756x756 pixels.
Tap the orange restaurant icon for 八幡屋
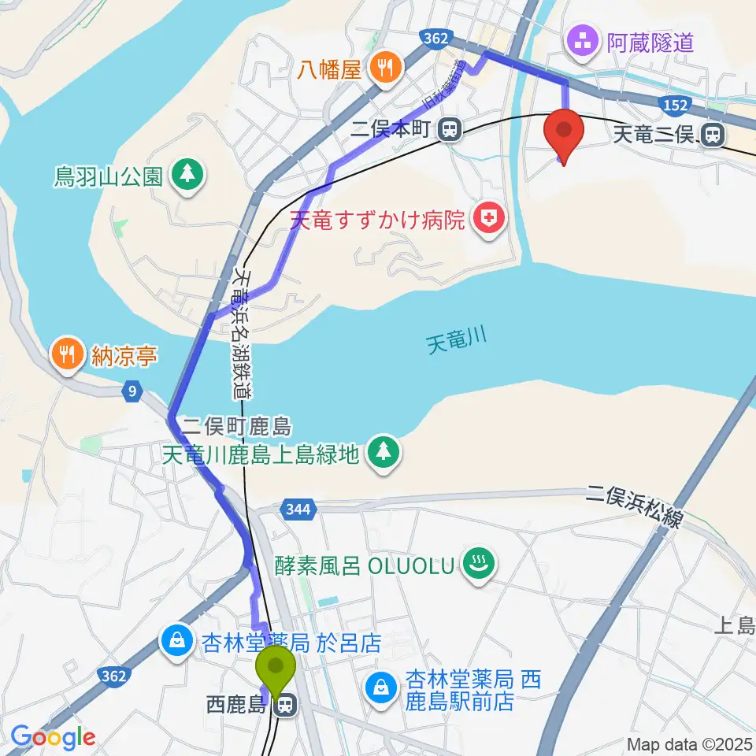coord(385,68)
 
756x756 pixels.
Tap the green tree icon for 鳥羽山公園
coord(187,175)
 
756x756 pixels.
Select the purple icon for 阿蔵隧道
coord(583,41)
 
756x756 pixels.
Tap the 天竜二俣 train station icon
coord(714,136)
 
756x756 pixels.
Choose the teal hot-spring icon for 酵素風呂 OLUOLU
coord(478,565)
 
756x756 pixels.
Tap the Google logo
coord(53,738)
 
